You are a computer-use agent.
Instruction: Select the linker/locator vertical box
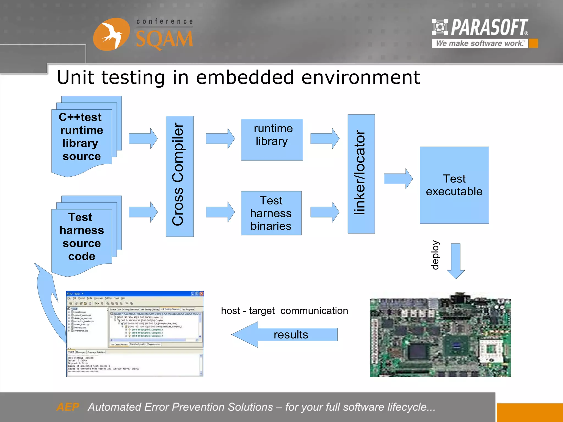point(361,174)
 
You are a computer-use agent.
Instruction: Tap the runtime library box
point(272,139)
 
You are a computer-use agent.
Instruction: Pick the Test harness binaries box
point(271,213)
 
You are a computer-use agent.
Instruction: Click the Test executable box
point(454,185)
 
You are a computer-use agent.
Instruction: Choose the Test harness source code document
point(82,237)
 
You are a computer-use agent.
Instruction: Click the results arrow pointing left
point(285,335)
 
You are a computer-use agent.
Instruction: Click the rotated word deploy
point(435,255)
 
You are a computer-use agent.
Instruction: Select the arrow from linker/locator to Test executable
point(398,179)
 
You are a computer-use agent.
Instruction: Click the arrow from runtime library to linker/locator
point(325,138)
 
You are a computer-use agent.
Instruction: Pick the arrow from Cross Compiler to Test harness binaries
point(220,212)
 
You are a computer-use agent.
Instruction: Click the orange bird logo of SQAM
point(111,34)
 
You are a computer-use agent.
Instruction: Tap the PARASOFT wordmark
point(489,27)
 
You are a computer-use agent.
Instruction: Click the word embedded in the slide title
point(245,77)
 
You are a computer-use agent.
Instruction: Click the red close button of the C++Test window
point(202,294)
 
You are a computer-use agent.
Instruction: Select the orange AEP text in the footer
point(68,407)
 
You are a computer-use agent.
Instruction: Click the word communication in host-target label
point(314,311)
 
